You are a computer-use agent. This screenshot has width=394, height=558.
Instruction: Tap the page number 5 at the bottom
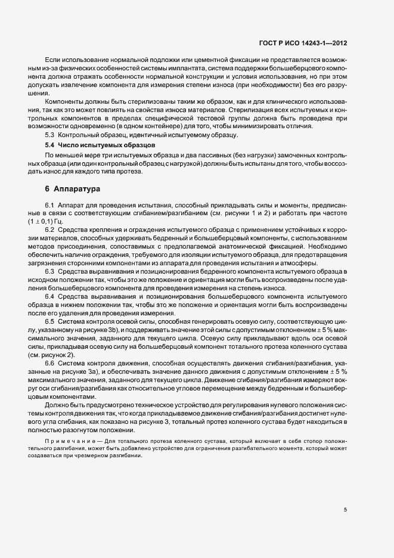[x=345, y=510]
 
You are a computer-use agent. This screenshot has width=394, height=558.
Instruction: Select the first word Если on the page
[x=52, y=60]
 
